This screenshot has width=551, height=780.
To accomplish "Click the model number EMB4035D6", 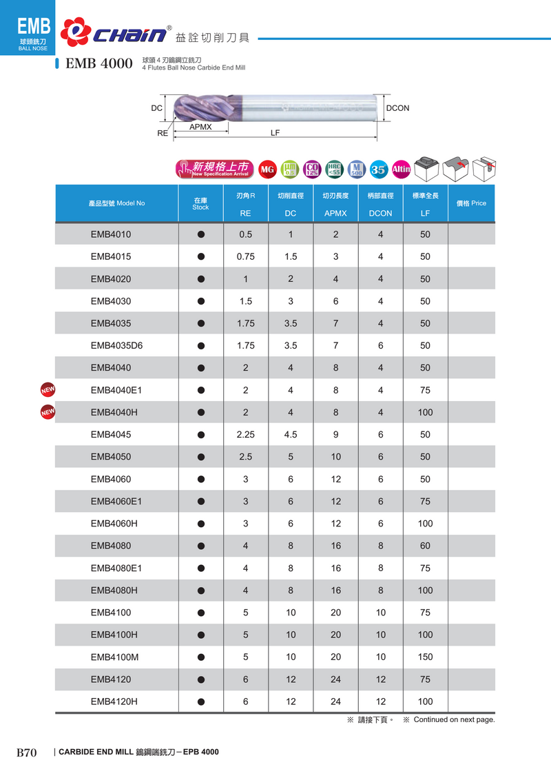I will coord(116,345).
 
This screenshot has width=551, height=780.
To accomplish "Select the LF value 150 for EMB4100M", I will coord(425,657).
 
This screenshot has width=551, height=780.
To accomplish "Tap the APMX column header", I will coord(335,213).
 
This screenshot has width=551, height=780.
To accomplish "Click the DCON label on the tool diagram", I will coord(397,108).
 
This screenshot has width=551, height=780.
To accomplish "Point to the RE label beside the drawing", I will coord(163,133).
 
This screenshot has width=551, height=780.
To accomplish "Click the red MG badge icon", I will coord(267,170).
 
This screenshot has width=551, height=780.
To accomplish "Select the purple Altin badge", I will coord(401,170).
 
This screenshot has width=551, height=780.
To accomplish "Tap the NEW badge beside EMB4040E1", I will coord(48,390).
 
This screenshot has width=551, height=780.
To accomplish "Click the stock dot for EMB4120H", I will coord(201,701).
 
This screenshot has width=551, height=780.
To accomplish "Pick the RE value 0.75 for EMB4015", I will coord(245,256).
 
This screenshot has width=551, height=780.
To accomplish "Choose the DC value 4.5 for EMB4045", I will coord(291,434).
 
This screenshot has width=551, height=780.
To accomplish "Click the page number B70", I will coord(26,752).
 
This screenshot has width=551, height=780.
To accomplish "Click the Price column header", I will coord(471,203).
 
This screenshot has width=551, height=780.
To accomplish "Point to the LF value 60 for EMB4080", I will coord(425,546).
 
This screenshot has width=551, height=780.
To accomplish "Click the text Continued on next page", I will coord(449,720).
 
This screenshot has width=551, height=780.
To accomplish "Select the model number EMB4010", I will coord(111,234).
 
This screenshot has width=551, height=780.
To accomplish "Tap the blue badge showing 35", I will coord(378,170).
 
